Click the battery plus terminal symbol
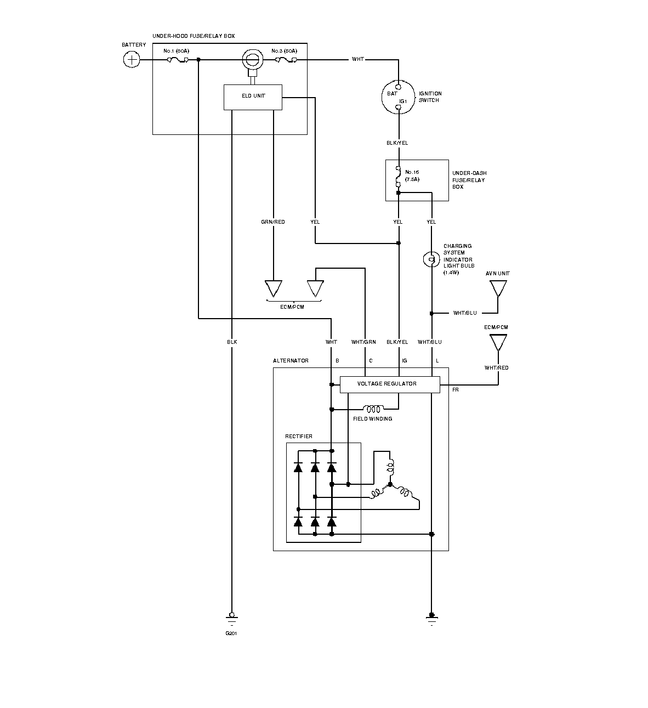132,59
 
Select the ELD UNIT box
253,97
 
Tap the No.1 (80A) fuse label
176,51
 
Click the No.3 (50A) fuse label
284,51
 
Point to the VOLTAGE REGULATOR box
390,384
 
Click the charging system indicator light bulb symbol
431,259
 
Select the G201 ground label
231,633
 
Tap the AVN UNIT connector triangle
498,288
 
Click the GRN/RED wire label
273,222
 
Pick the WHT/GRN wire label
363,342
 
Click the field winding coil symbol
373,409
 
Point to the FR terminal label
455,390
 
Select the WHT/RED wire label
496,367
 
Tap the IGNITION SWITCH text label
430,97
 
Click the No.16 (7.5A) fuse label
412,175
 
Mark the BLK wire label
232,342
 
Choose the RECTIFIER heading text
299,436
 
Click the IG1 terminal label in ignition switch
403,101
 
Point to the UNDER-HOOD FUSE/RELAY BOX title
194,36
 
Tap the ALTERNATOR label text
291,360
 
